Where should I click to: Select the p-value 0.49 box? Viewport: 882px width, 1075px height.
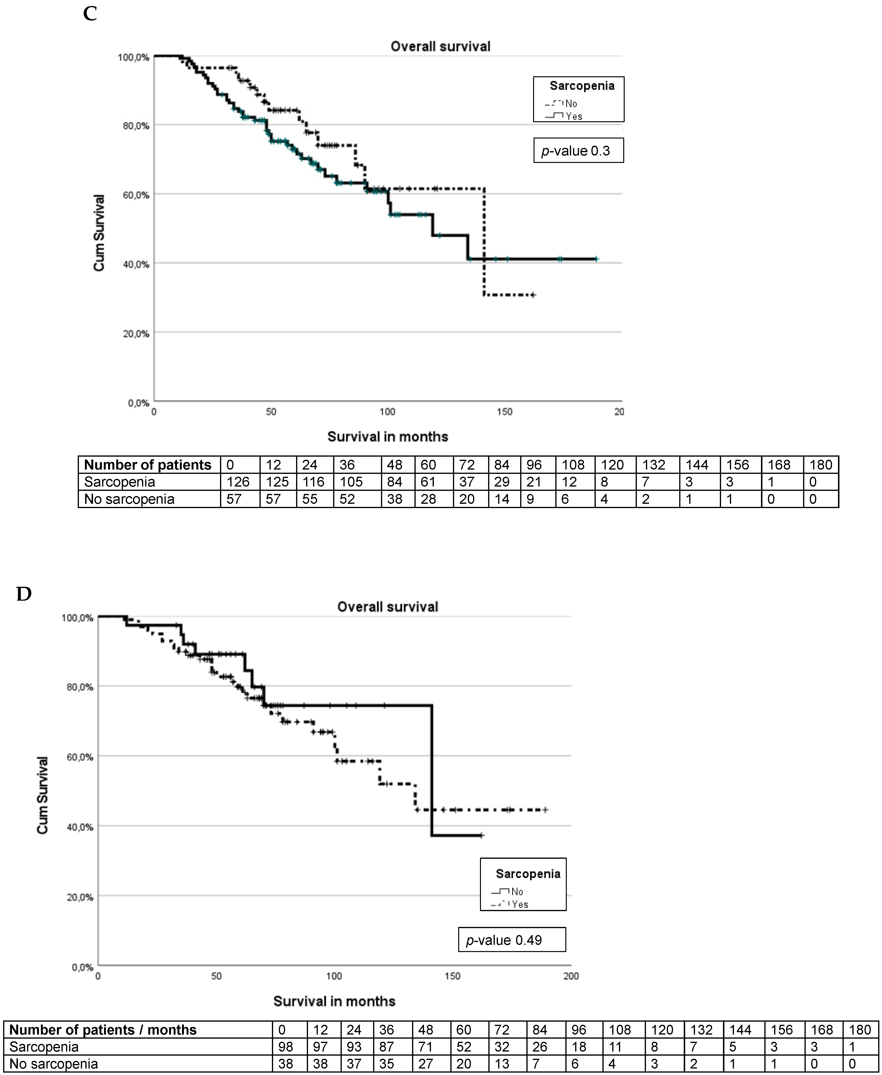pos(512,940)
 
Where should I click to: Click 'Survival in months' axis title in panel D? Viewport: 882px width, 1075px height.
pos(334,1001)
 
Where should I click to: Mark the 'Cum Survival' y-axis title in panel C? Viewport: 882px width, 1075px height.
pos(99,233)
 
